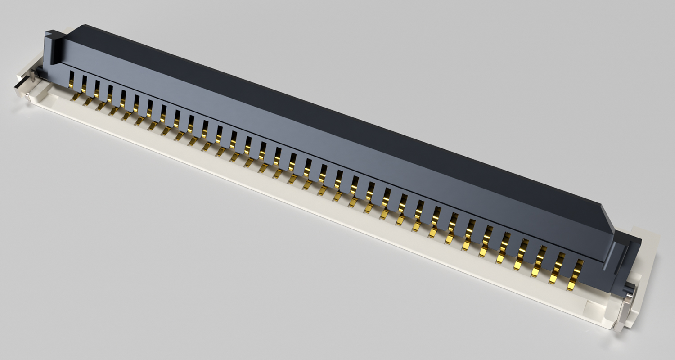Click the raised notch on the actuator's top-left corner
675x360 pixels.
pyautogui.click(x=53, y=33)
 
